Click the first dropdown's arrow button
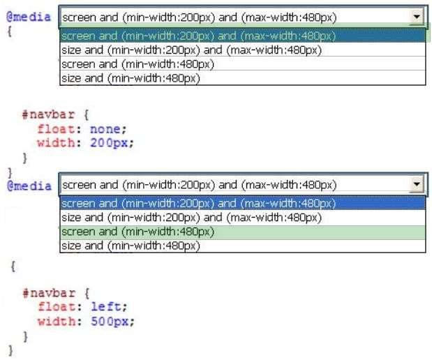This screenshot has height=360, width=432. [x=417, y=17]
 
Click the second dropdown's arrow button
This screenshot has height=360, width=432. [x=417, y=184]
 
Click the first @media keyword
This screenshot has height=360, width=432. [x=29, y=17]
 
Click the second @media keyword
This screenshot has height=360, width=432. [x=29, y=186]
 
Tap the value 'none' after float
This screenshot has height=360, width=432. [x=105, y=129]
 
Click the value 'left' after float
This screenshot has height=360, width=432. [x=105, y=306]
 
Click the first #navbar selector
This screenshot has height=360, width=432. [x=48, y=114]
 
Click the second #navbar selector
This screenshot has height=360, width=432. [x=49, y=293]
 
